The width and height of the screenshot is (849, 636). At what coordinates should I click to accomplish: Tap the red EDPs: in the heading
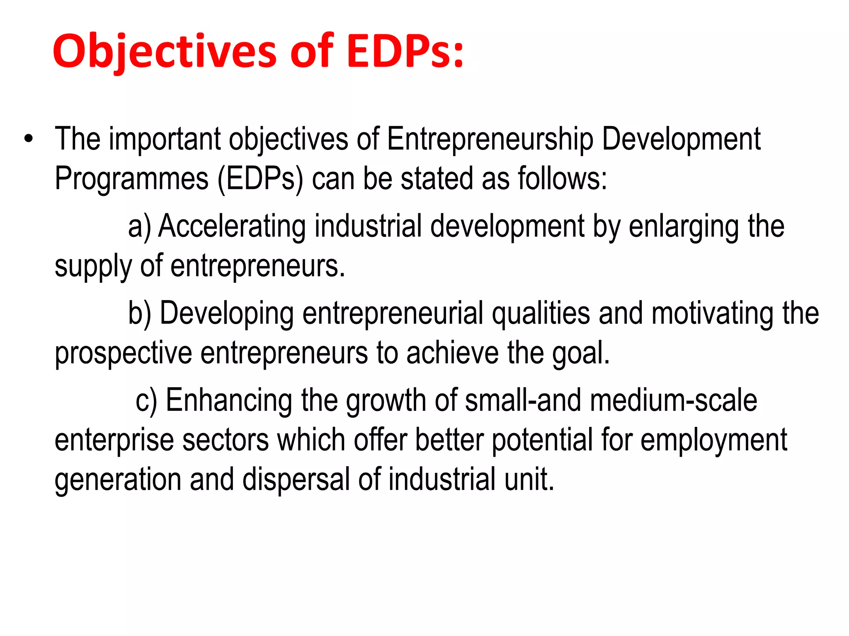tap(405, 52)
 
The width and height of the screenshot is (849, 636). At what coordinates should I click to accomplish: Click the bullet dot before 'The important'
tap(28, 139)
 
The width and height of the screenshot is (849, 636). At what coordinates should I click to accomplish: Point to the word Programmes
tap(131, 178)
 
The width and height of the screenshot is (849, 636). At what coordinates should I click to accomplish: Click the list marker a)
tap(139, 226)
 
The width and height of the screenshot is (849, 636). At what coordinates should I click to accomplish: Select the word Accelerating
tap(232, 226)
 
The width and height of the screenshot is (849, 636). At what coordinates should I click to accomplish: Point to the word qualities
tap(541, 313)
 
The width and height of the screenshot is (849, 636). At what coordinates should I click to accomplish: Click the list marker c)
tap(146, 400)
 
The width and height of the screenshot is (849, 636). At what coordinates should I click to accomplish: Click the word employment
tap(713, 440)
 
